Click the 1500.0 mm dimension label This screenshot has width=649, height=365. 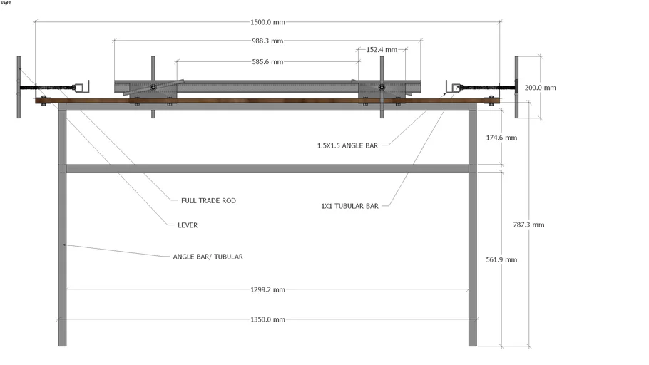point(267,22)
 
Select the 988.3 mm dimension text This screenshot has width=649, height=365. point(267,41)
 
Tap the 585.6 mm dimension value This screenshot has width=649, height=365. point(267,62)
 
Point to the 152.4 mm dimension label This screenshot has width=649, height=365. point(382,51)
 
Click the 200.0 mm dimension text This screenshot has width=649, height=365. point(540,88)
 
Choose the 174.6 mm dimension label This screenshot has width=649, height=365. point(501,138)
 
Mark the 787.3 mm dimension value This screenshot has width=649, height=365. point(528,225)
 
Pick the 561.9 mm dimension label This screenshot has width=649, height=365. point(501,259)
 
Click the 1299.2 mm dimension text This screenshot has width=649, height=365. point(267,289)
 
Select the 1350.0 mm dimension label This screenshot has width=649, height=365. point(267,319)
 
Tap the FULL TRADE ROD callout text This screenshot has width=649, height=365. point(208,201)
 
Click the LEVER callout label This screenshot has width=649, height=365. point(188,225)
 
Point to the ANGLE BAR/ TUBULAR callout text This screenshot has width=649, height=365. point(208,257)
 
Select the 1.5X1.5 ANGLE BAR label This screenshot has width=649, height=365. point(347,145)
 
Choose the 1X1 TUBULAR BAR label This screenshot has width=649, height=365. point(349,206)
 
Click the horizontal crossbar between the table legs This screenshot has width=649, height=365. point(267,168)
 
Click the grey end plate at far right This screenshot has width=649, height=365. point(518,86)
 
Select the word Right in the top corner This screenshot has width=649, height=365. point(6,3)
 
